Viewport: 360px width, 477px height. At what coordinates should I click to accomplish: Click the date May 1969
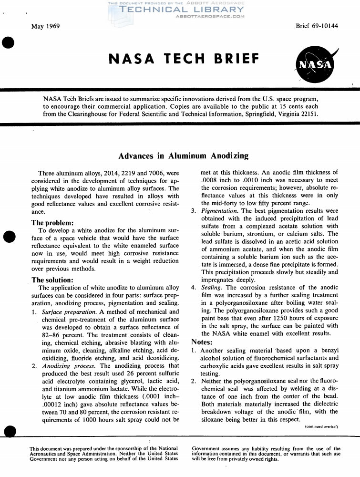(45, 26)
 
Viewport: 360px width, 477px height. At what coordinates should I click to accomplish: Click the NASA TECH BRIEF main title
(185, 59)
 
